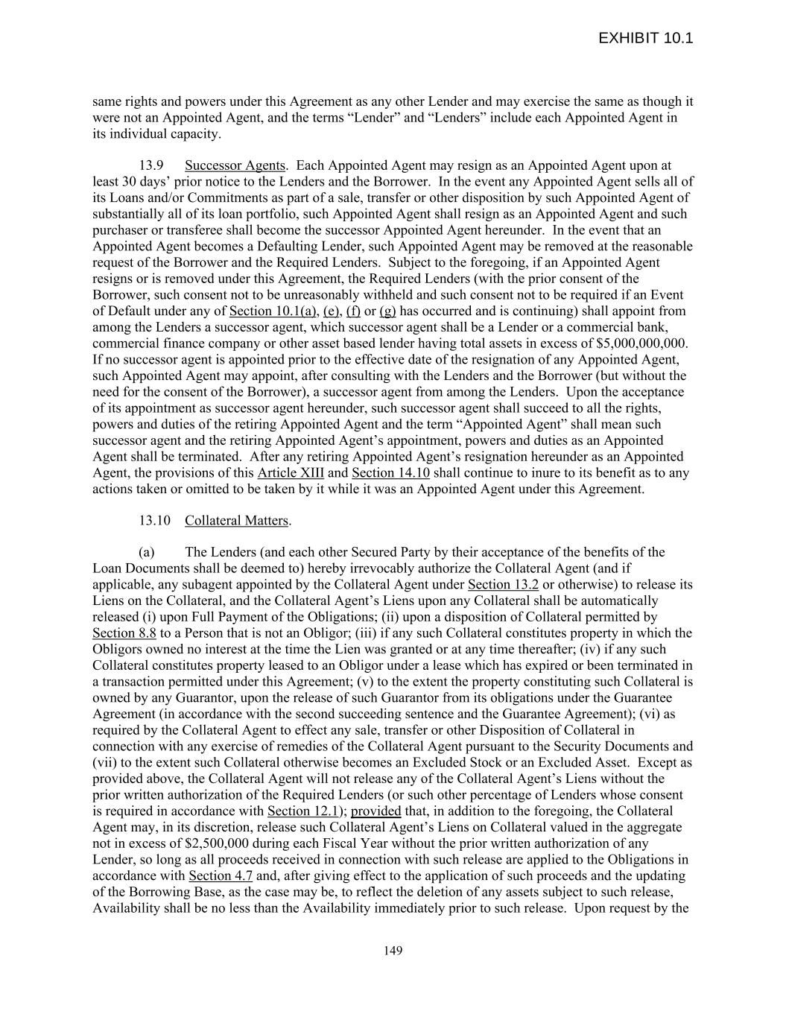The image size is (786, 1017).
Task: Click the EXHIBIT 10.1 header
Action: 645,38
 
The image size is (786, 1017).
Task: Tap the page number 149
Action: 393,950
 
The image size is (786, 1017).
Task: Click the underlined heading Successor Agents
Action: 235,165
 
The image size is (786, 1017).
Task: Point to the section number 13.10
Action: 154,521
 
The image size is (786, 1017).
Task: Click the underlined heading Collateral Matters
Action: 236,521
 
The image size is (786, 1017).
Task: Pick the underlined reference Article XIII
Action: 291,473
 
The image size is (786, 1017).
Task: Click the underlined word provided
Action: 375,811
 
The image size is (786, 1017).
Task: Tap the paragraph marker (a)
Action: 147,553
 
